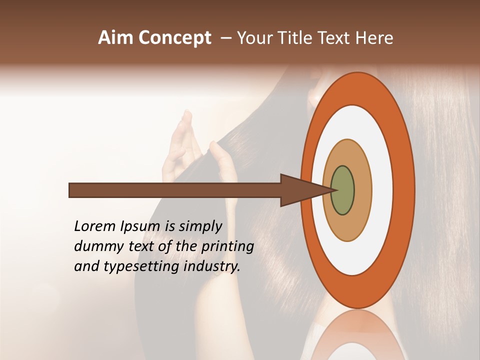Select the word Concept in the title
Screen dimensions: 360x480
(174, 38)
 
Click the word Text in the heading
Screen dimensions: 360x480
(331, 38)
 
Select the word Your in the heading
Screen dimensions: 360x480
(252, 38)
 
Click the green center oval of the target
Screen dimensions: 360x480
(343, 190)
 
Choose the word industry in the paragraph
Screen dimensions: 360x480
(210, 266)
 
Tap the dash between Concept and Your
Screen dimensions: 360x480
(226, 38)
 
